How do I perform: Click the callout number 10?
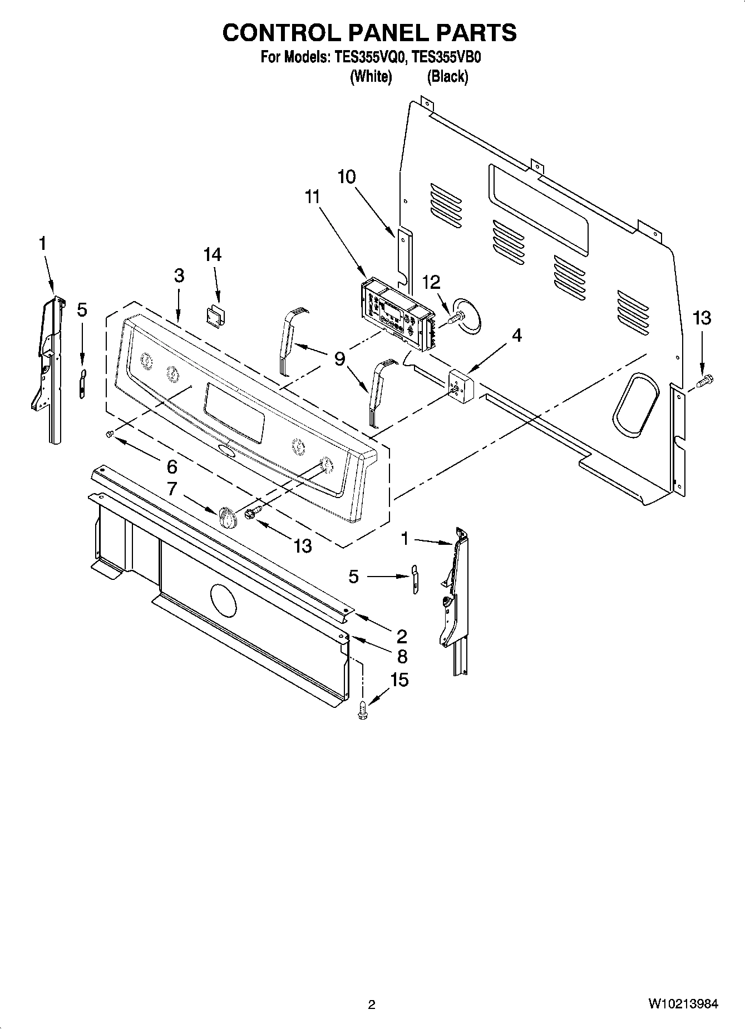tap(346, 177)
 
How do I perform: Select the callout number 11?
tap(313, 196)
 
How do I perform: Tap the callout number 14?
tap(213, 255)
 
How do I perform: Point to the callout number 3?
tap(179, 275)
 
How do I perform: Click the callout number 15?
tap(399, 680)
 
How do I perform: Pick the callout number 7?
tap(172, 489)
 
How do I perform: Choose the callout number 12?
tap(431, 283)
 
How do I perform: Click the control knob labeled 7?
tap(228, 518)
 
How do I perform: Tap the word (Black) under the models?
tap(447, 76)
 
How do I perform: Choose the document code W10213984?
tap(683, 1005)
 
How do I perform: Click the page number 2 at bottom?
tap(372, 1005)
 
